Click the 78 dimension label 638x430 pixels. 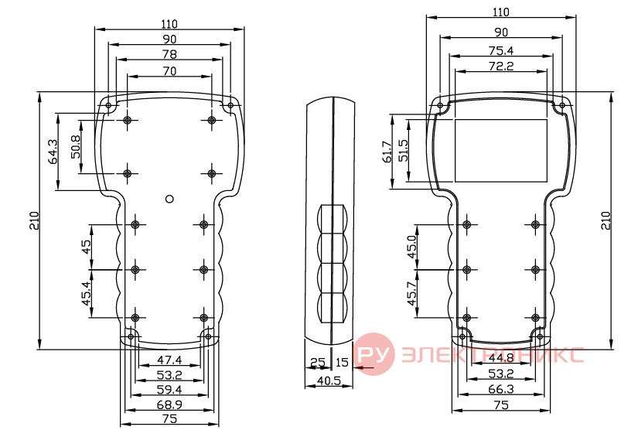point(169,54)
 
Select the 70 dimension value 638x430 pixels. point(169,71)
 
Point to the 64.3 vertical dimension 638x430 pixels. point(53,152)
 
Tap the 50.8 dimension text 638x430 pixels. point(75,147)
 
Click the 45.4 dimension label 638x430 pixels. point(87,293)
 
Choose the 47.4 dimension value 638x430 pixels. point(169,360)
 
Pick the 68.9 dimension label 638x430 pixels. point(169,405)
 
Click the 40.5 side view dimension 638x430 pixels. point(329,381)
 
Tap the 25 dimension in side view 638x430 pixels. point(318,362)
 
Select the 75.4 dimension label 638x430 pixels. point(501,51)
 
